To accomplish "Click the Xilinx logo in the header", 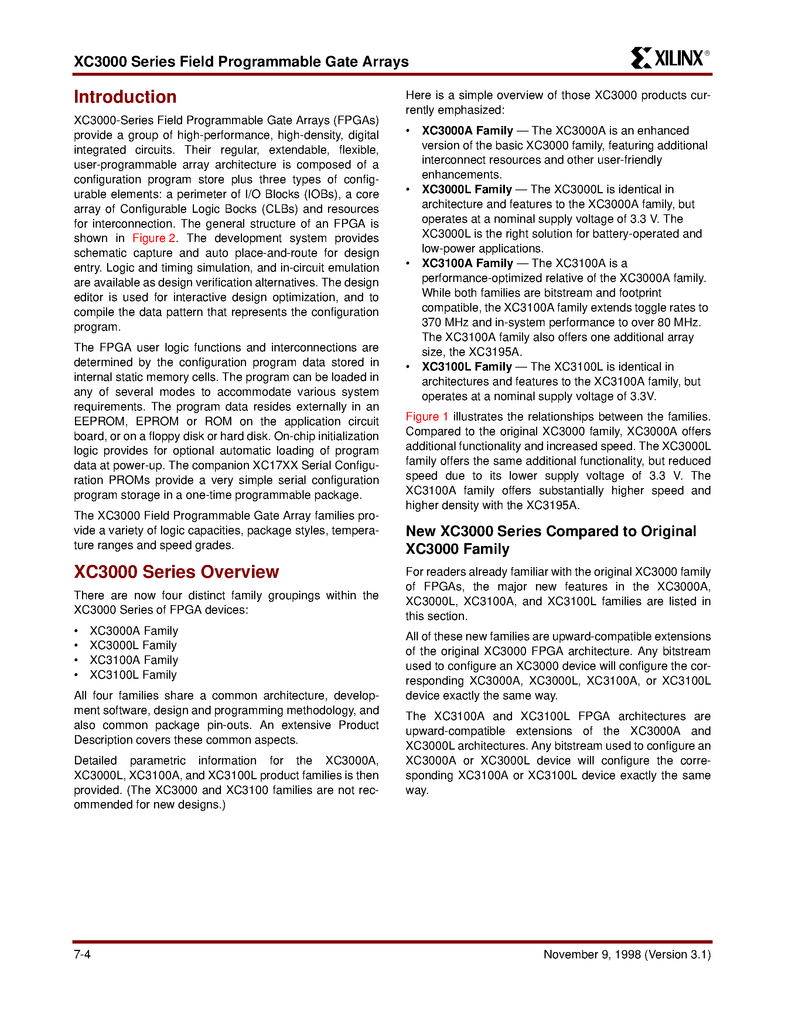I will click(668, 58).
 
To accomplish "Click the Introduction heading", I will click(125, 97).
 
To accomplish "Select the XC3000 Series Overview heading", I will click(176, 572).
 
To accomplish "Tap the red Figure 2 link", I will click(153, 238).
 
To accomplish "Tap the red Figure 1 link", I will click(426, 417).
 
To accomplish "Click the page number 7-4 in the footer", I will click(82, 955).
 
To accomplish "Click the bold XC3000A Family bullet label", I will click(467, 131).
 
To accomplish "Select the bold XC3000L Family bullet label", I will click(467, 189).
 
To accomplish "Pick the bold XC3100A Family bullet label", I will click(467, 263).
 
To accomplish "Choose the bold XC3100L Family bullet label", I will click(467, 366).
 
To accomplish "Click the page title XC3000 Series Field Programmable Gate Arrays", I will click(241, 61).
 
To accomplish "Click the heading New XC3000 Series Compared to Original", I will click(551, 531).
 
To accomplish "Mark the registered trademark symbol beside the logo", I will click(707, 53).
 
